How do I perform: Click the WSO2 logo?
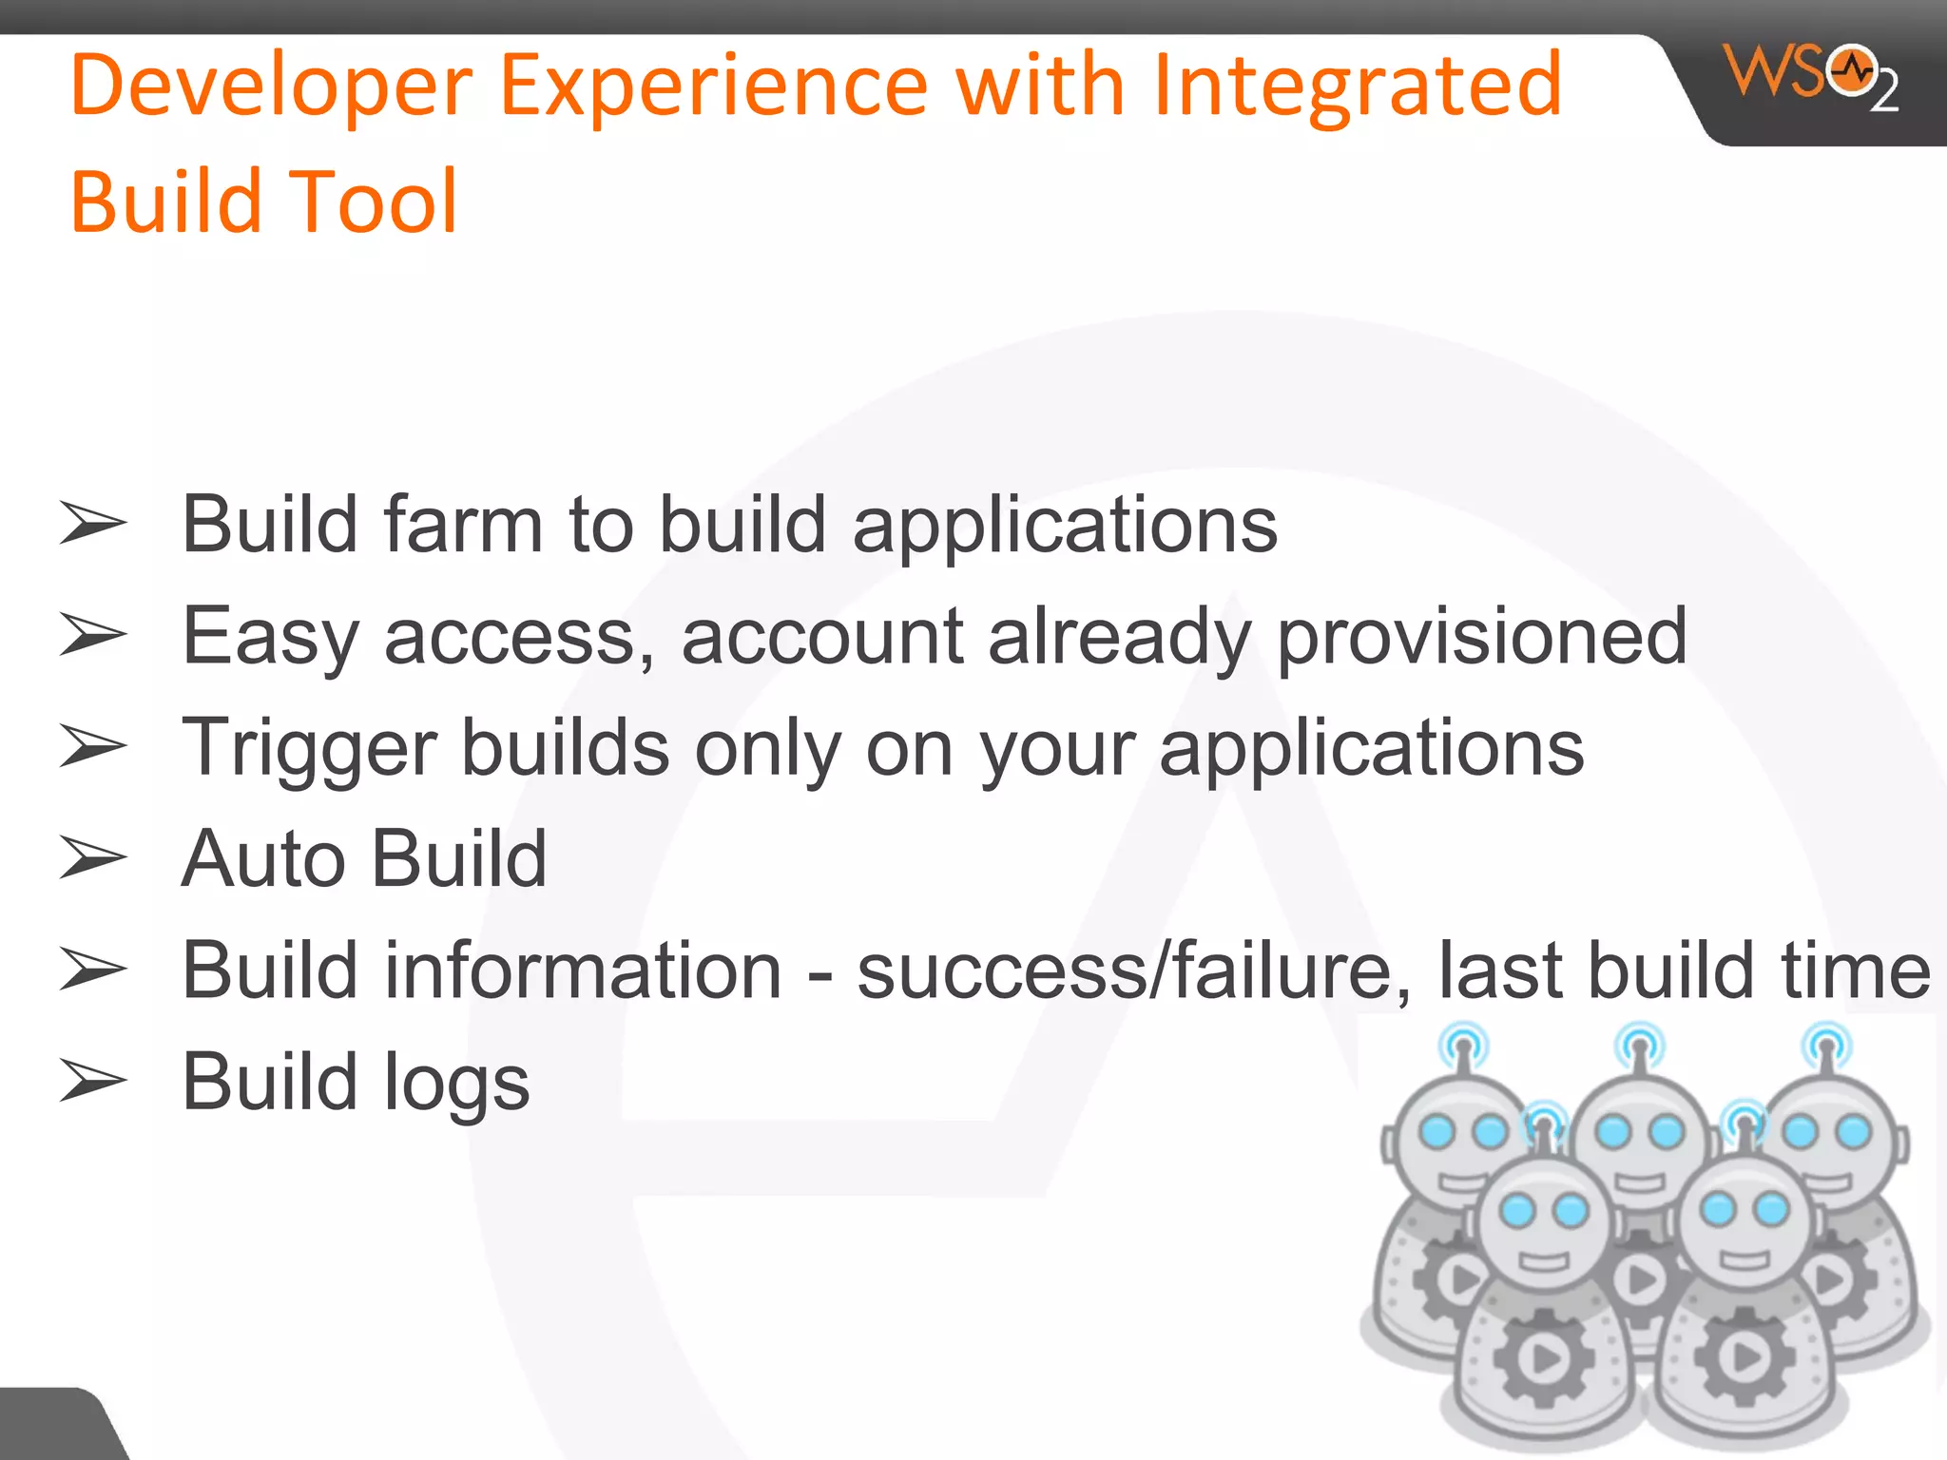coord(1810,76)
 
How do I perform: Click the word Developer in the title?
coord(272,86)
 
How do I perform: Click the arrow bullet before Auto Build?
coord(92,858)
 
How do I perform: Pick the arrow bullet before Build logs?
coord(92,1082)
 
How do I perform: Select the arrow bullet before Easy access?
coord(92,635)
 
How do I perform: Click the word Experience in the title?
coord(713,86)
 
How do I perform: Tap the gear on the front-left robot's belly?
coord(1542,1357)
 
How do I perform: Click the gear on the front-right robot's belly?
coord(1744,1357)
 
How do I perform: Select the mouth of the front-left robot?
coord(1543,1261)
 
